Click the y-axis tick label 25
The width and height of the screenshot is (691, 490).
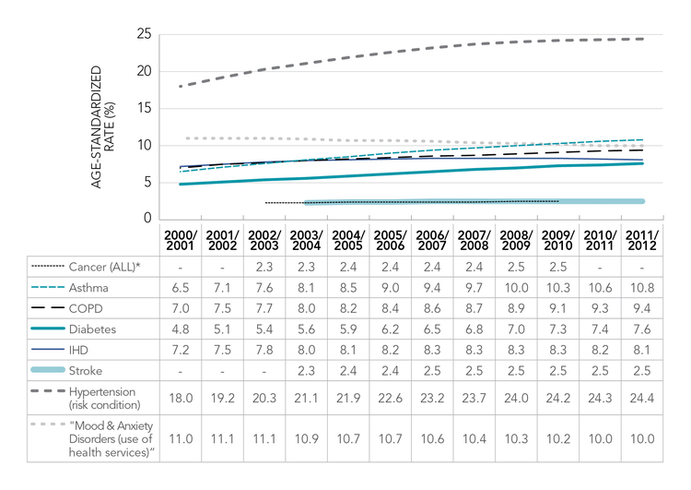click(143, 34)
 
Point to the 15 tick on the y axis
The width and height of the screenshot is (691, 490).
click(143, 108)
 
